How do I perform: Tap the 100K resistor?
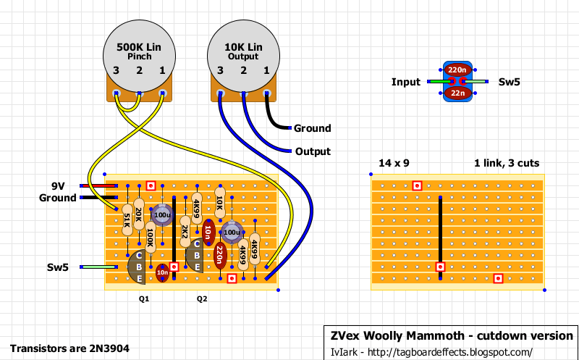pos(151,237)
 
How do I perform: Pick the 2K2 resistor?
pos(185,231)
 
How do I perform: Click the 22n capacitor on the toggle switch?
pos(457,93)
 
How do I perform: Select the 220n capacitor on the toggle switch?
pos(457,70)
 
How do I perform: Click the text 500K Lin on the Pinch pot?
pos(139,47)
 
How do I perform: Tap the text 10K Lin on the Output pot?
pos(243,47)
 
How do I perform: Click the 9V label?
pos(59,185)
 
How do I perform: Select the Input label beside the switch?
pos(406,82)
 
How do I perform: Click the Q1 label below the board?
pos(144,299)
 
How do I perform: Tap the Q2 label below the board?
pos(202,299)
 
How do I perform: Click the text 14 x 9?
pos(394,163)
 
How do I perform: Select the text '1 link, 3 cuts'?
pos(507,163)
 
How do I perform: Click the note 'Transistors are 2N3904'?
pos(69,348)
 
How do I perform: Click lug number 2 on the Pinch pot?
pos(139,93)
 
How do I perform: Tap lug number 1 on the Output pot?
pos(266,93)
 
